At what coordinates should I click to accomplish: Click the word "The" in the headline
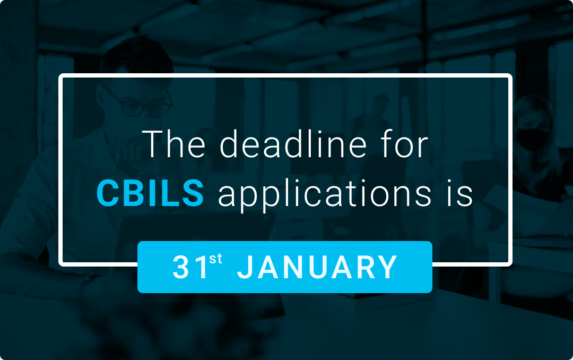pos(173,144)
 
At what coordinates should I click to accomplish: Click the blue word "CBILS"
pos(150,193)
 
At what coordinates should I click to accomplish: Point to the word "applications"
pos(325,194)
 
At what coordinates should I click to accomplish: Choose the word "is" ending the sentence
pos(459,194)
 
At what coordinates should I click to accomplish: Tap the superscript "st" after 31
pos(215,259)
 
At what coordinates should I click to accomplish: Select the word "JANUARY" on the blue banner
pos(317,267)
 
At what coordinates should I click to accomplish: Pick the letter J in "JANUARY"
pos(246,268)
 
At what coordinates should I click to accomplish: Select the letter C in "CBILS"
pos(109,193)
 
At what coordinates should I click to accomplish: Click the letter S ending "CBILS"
pos(193,193)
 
